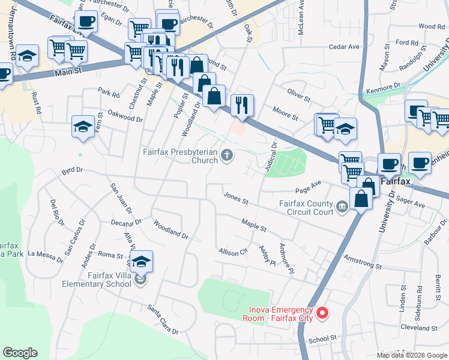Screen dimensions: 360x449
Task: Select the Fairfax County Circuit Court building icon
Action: tap(342, 208)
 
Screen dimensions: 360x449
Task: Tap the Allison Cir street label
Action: tap(233, 252)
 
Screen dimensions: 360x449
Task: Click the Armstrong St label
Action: tap(363, 262)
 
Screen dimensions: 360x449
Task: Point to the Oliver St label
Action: tap(298, 95)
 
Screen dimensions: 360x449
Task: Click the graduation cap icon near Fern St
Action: tap(83, 126)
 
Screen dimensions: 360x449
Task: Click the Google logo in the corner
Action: tap(20, 353)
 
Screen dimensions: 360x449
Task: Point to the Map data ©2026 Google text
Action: tap(411, 355)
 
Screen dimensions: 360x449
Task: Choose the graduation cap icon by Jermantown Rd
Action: tap(27, 56)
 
